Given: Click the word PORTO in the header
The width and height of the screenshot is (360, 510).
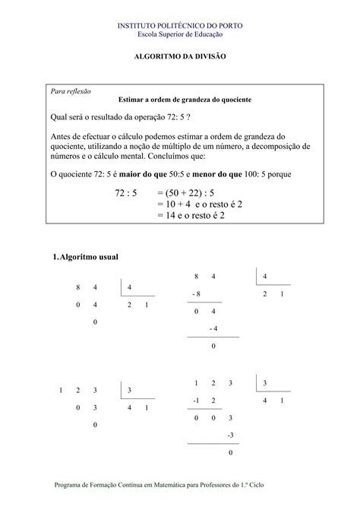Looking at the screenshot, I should coord(229,26).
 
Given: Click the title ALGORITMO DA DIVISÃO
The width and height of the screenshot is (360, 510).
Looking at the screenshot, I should coord(180,57).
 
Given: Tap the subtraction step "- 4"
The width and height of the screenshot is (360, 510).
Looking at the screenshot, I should coord(213,328).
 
